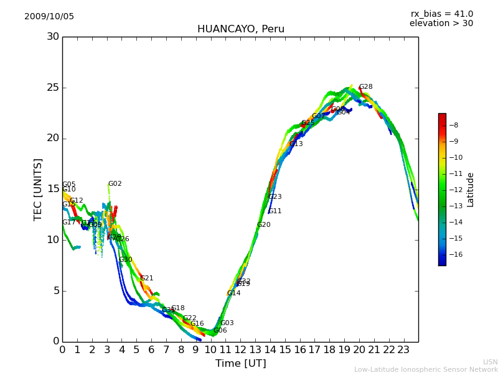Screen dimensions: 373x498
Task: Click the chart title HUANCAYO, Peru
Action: coord(240,29)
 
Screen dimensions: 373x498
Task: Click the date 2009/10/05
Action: coord(49,17)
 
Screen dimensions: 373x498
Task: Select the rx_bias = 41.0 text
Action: coord(441,14)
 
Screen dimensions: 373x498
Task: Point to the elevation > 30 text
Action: coord(441,24)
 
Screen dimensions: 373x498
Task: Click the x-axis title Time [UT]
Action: coord(240,364)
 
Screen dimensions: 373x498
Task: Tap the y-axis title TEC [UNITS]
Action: coord(38,189)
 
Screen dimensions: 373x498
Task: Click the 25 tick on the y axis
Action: coord(53,88)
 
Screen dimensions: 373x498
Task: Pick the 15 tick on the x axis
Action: coord(284,350)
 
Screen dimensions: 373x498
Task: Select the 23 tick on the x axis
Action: coord(403,350)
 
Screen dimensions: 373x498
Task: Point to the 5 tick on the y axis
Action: coord(56,290)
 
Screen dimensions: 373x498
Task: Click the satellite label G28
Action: coord(366,87)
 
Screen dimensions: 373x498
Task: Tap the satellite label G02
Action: coord(115,184)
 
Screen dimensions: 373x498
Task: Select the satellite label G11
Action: coord(275,211)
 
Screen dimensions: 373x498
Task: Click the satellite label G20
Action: coord(264,225)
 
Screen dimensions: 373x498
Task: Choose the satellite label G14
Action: coord(233,293)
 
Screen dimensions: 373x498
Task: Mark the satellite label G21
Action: coord(147,279)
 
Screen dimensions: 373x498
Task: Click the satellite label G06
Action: coord(220,331)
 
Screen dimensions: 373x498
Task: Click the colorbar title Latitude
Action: coord(471,190)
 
